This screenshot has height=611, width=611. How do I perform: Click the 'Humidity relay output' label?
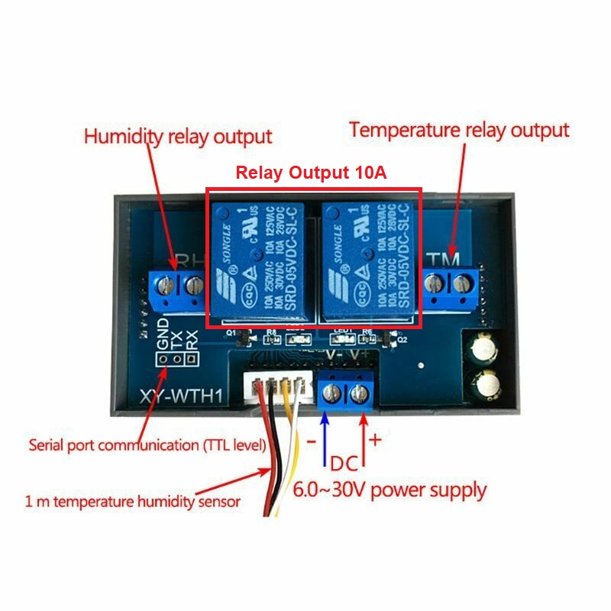point(177,137)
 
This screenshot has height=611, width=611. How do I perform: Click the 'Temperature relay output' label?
point(459,130)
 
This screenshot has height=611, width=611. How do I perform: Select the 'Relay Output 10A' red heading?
point(311,173)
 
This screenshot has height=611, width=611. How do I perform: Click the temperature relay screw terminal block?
point(450,283)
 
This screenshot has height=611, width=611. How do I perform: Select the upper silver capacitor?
point(485,350)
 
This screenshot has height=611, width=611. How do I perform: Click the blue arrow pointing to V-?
point(325,435)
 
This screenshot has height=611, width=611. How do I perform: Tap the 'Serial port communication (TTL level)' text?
point(147,445)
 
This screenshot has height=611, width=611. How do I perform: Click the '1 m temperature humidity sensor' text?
point(133,502)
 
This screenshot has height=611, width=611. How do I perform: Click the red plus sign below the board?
point(375,441)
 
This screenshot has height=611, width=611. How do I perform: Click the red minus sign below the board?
point(311,441)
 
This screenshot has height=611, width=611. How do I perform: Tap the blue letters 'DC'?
point(344,462)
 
